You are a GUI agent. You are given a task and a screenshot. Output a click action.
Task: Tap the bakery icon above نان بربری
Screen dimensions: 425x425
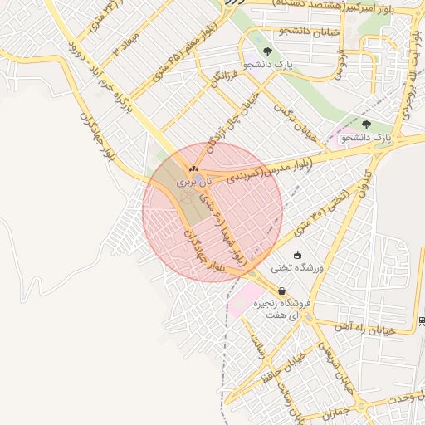tap(193, 169)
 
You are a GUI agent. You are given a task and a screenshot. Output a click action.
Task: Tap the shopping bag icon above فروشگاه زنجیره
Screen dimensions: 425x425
tap(282, 291)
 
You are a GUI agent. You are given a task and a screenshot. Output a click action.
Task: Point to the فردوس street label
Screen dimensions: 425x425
tap(340, 61)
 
